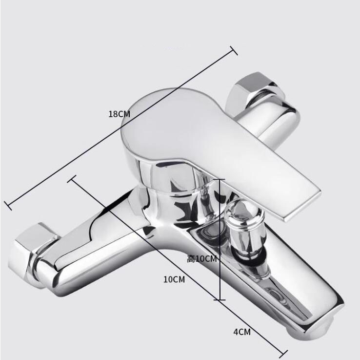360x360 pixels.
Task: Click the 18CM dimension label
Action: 119,114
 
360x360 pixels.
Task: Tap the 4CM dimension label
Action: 242,332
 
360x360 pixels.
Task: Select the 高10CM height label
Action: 202,259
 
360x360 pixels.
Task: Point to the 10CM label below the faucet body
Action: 174,279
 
